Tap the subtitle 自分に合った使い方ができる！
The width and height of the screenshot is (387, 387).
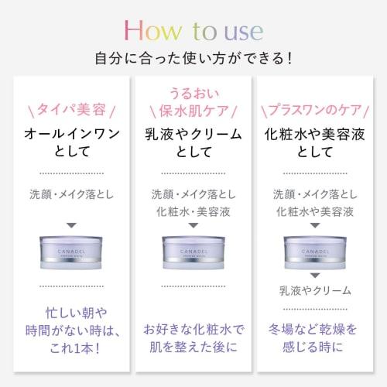coord(193,57)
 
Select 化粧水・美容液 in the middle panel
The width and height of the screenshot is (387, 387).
coord(193,211)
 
